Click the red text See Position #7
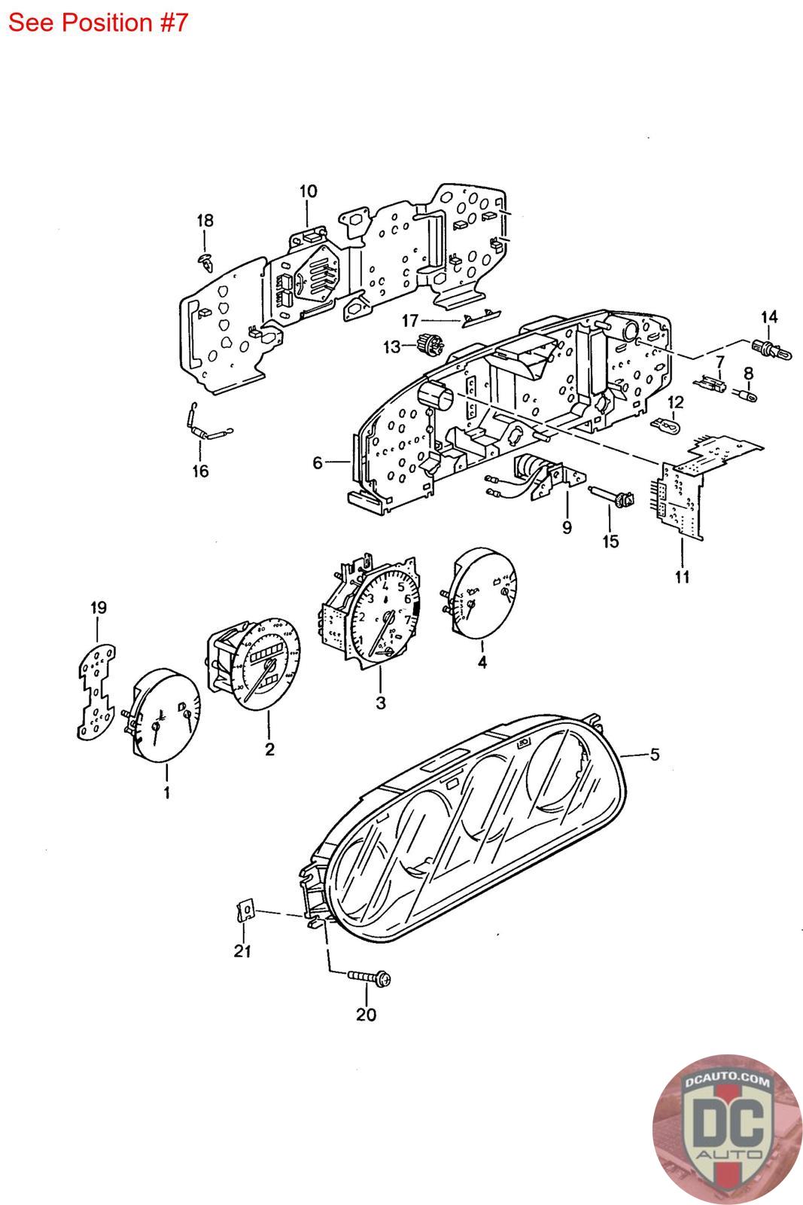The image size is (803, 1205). [x=97, y=23]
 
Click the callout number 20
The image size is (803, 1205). [x=366, y=1014]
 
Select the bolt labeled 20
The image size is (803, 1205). [x=370, y=978]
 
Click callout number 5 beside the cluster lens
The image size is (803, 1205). [x=655, y=753]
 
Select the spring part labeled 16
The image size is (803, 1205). [x=206, y=426]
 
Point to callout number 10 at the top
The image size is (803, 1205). [x=309, y=191]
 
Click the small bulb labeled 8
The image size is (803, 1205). [x=748, y=393]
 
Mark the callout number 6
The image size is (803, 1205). [x=318, y=462]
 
